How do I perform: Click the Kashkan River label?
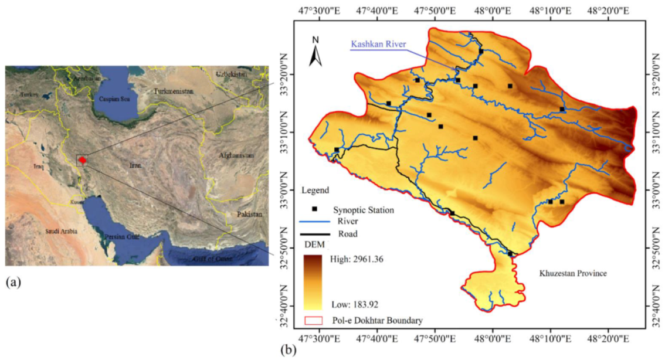pyautogui.click(x=378, y=44)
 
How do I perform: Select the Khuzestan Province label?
pyautogui.click(x=572, y=274)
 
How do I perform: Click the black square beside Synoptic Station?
pyautogui.click(x=314, y=209)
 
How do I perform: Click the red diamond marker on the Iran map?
pyautogui.click(x=83, y=160)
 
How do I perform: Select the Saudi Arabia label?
pyautogui.click(x=61, y=232)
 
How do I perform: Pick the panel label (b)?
pyautogui.click(x=289, y=351)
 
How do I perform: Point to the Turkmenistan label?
pyautogui.click(x=177, y=91)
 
